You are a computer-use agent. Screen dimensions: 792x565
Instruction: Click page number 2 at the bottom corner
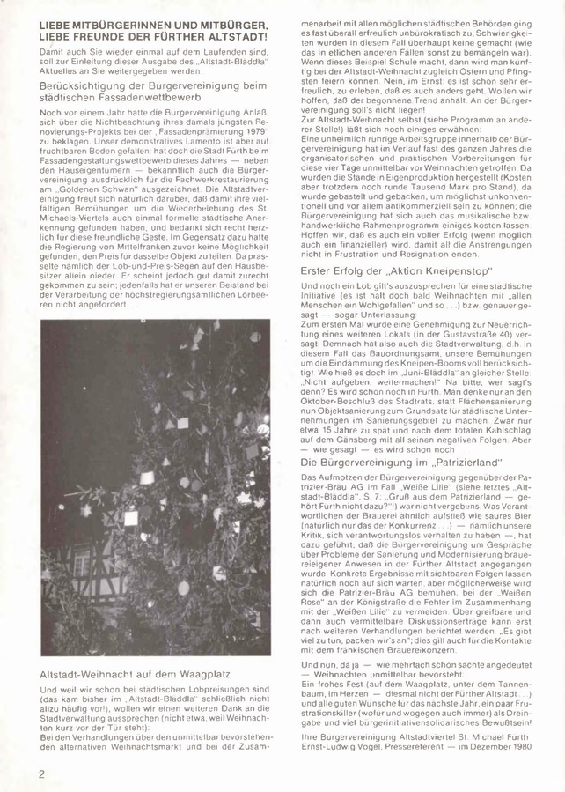point(41,773)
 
